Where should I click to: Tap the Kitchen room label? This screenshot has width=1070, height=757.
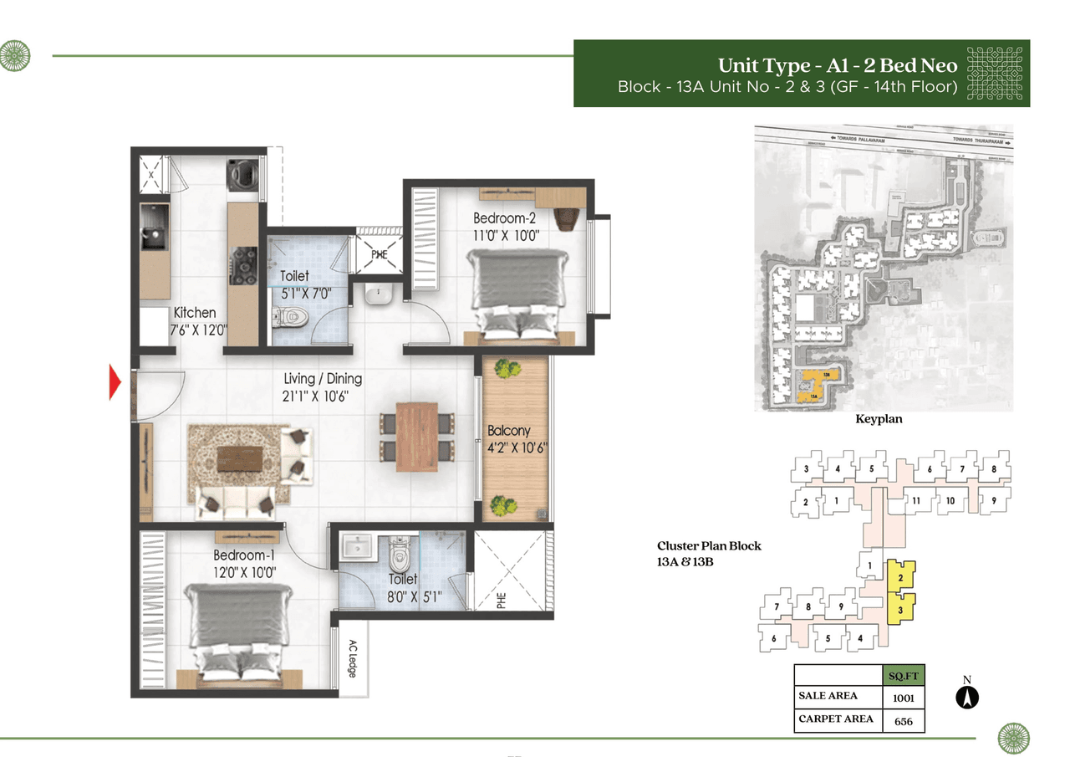pos(195,313)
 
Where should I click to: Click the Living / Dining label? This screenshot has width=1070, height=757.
pos(323,380)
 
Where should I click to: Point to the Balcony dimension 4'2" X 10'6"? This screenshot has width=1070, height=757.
pos(517,447)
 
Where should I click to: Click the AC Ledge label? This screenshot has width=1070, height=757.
pos(352,658)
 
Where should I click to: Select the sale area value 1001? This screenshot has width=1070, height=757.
pos(904,696)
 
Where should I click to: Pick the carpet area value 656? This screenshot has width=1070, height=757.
pos(904,719)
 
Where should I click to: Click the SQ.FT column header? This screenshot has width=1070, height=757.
pos(904,674)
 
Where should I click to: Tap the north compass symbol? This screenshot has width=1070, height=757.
pos(967,696)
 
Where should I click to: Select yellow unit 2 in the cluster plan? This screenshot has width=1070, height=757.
pos(900,577)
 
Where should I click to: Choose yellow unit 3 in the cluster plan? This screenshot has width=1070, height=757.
pos(900,610)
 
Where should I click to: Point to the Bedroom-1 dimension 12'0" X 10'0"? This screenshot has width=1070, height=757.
pos(244,572)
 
